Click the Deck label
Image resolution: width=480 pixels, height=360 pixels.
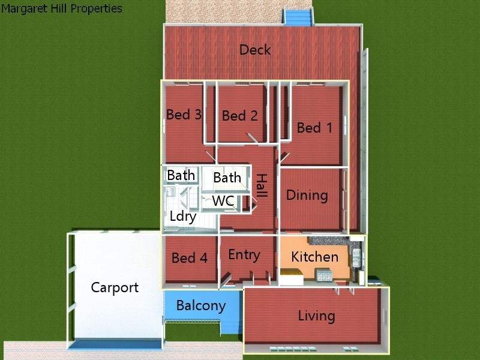[255, 50]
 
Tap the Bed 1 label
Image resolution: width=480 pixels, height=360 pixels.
[314, 128]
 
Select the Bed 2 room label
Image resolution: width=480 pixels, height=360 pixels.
[239, 116]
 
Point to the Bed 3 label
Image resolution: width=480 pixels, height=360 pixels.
[184, 115]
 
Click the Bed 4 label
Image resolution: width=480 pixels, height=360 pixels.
[190, 258]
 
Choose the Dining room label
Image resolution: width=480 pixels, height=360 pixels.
[307, 195]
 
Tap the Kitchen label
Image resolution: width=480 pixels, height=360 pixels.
[314, 257]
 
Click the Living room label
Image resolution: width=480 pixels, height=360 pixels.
[316, 316]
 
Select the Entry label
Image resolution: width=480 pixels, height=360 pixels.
[244, 255]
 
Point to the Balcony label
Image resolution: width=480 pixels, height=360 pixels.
[201, 305]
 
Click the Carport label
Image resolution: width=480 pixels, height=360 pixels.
[115, 287]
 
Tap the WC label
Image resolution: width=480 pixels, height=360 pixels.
[223, 201]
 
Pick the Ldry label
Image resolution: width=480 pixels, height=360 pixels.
[183, 217]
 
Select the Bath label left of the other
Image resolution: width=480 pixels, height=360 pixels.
[181, 175]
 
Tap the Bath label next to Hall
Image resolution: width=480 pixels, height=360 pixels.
[227, 178]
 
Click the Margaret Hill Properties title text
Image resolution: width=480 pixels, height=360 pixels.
[62, 8]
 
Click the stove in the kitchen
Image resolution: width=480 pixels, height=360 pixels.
[324, 275]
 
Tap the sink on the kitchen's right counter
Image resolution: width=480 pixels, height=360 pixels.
[358, 257]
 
